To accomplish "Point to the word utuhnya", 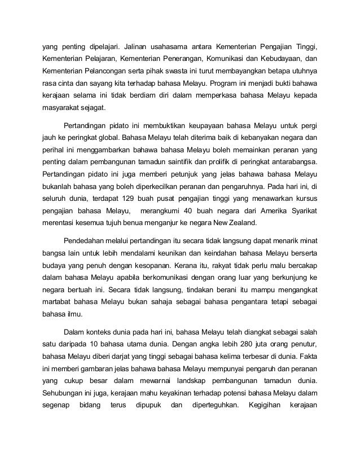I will [303, 72].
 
